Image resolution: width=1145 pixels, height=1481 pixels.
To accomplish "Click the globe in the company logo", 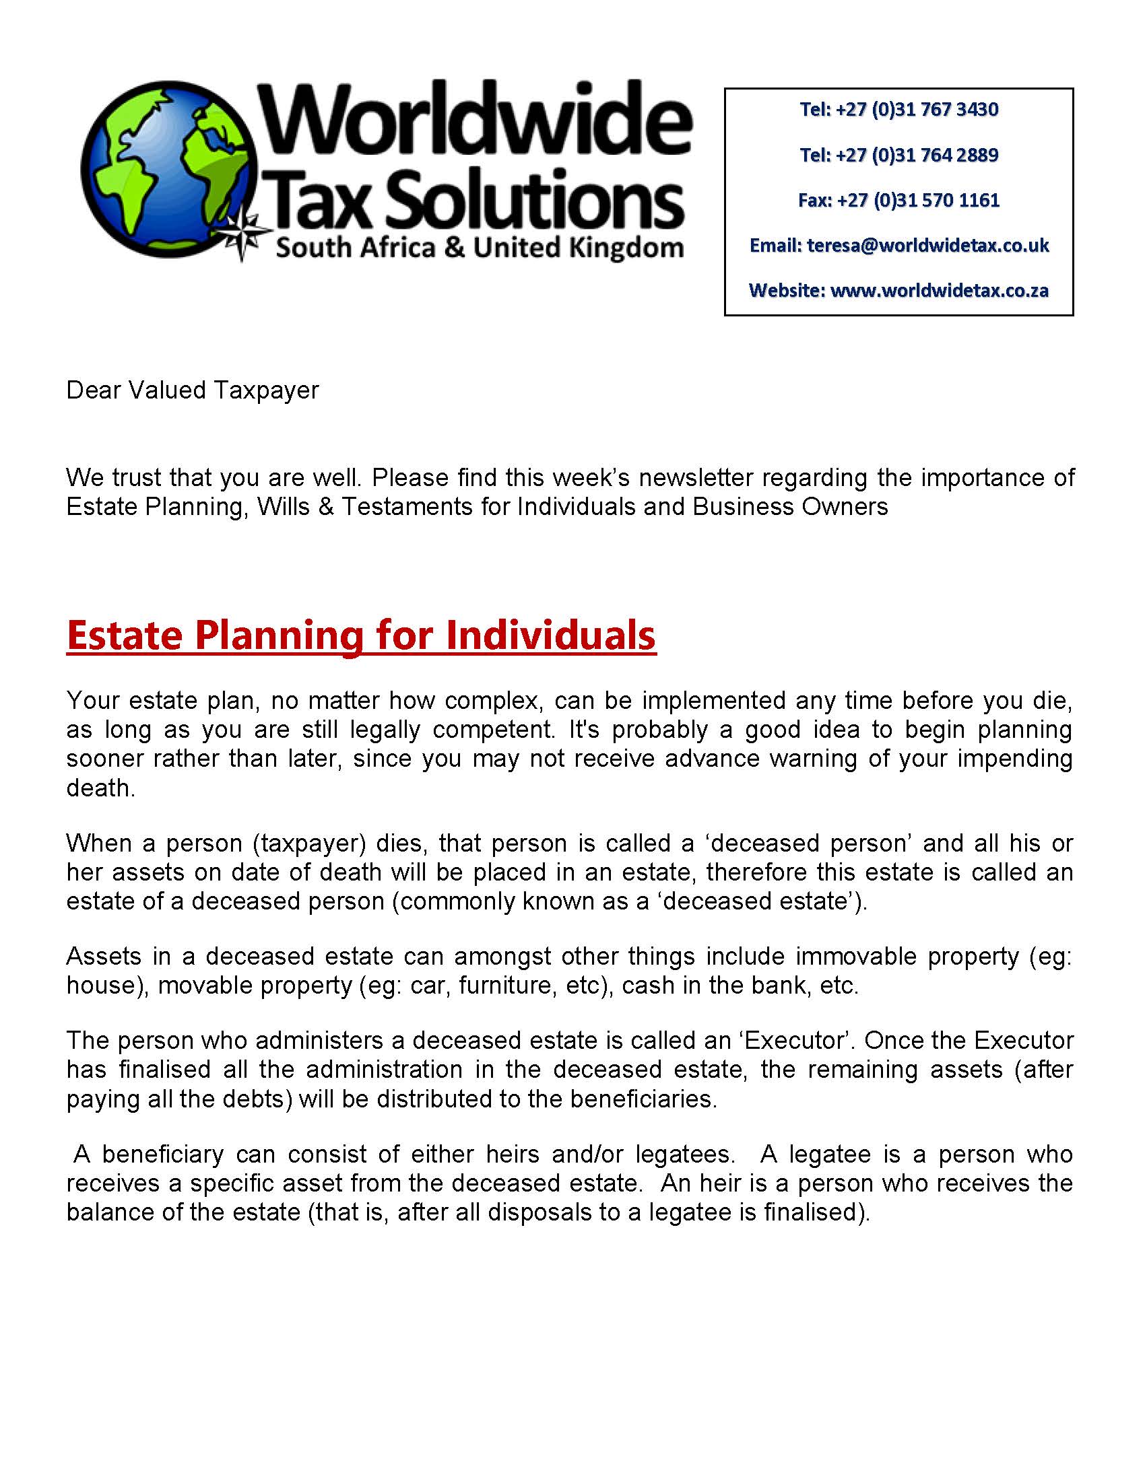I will pos(170,170).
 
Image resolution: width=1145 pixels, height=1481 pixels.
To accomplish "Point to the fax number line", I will pos(898,201).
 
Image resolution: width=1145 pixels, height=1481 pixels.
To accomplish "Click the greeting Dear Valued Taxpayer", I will pos(193,390).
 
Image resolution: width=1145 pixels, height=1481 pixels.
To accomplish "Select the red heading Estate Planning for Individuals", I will pos(361,635).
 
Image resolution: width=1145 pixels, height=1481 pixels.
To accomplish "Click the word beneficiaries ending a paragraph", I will pos(643,1099).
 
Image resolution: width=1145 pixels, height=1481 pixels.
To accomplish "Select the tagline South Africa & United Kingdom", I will pos(479,248).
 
